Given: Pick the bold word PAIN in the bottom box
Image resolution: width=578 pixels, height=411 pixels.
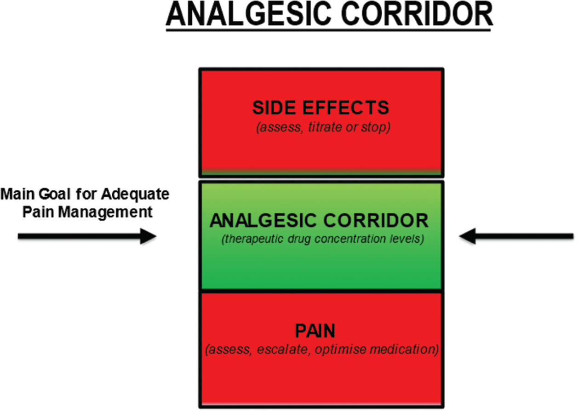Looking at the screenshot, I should [x=320, y=331].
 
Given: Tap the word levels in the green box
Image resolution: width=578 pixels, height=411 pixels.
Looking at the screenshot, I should [x=406, y=239].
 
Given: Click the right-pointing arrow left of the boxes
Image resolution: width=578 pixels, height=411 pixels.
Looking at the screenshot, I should [x=87, y=237].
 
